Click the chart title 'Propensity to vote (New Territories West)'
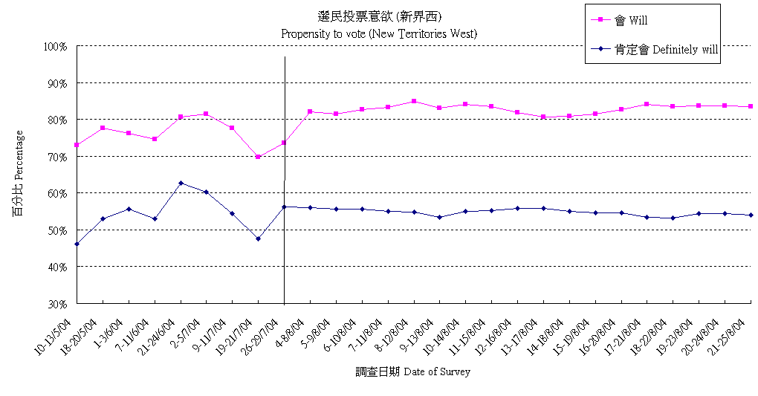[379, 33]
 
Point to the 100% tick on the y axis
[56, 46]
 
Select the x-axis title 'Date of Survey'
[412, 371]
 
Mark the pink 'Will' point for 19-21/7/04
[258, 157]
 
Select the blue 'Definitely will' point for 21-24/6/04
[181, 183]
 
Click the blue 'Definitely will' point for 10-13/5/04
[77, 244]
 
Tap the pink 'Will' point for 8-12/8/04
[414, 101]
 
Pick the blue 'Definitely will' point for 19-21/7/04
[258, 238]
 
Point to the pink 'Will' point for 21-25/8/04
[751, 106]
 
